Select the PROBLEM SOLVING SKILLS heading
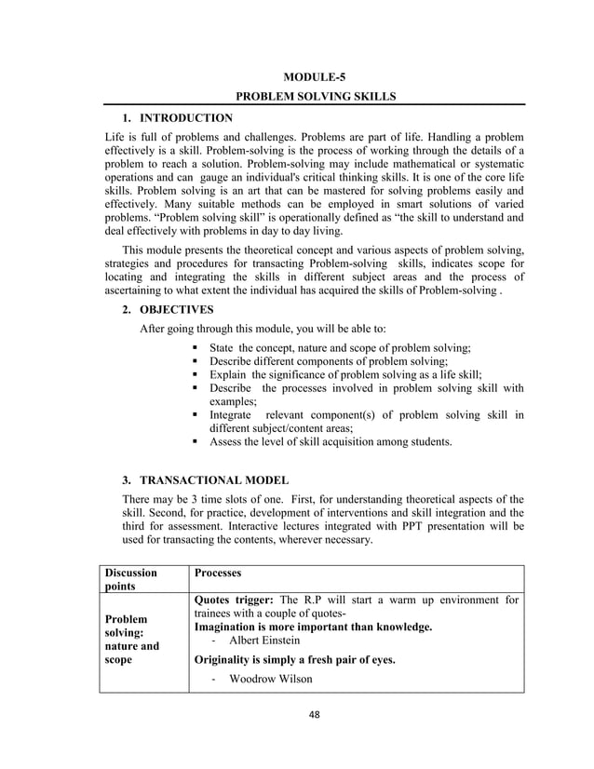tap(315, 96)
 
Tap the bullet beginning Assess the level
tap(331, 442)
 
